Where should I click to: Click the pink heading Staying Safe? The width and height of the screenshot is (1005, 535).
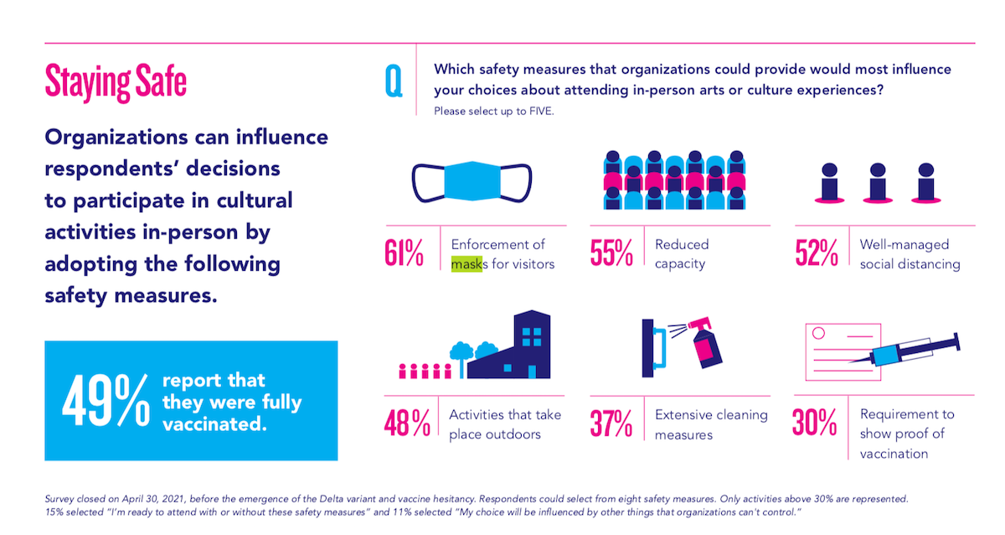(x=116, y=82)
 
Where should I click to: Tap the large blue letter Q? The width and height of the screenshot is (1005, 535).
(x=393, y=81)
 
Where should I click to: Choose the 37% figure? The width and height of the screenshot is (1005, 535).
(x=611, y=424)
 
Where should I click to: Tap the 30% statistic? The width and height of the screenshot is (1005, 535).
(x=815, y=424)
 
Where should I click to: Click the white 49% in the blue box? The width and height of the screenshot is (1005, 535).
(x=104, y=401)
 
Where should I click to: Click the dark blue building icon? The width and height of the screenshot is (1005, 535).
(x=518, y=347)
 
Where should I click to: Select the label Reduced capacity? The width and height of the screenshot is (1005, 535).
(x=682, y=254)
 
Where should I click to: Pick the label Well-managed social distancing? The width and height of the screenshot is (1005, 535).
(x=910, y=254)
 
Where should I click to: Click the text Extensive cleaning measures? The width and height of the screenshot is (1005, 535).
(x=711, y=424)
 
